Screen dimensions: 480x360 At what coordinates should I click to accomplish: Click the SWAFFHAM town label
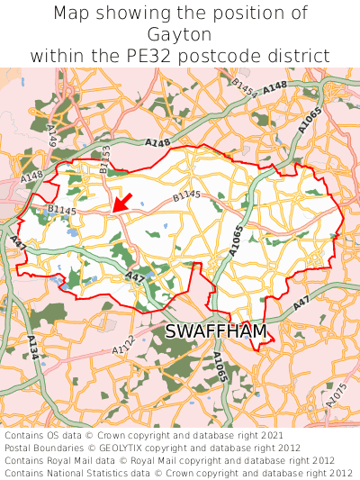point(216,332)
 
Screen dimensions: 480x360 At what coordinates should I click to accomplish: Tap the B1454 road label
point(244,87)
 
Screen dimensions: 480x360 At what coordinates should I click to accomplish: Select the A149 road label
point(52,135)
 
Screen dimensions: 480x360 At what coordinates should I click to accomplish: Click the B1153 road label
point(104,160)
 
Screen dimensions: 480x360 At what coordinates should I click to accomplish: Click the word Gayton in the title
point(179,34)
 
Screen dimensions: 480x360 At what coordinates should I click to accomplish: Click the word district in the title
point(298,56)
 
